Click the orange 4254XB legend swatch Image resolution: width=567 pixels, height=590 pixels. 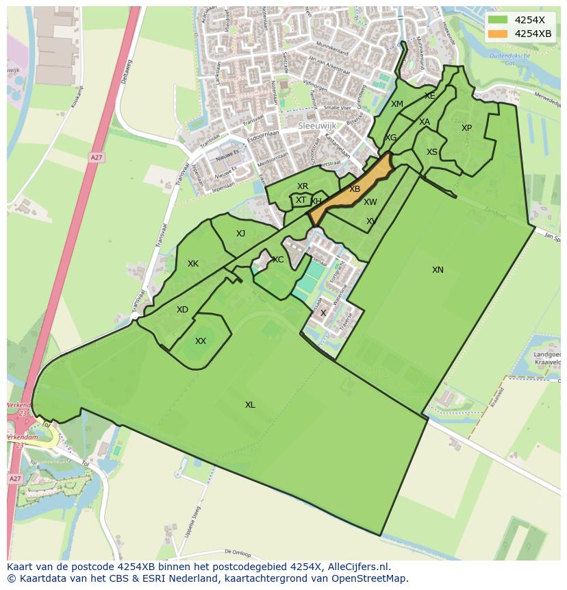coord(499,34)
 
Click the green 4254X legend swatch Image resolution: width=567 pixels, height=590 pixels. coord(499,20)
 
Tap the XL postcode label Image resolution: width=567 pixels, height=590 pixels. coord(250,405)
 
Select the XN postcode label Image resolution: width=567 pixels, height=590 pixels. coord(438,270)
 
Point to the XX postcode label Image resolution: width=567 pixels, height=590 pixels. coord(201,341)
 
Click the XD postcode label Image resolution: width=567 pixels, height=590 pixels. coord(182,310)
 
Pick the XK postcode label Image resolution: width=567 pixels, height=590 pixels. coord(193,264)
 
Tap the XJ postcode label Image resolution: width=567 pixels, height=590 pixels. coord(240,234)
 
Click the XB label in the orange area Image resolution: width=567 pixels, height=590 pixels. coord(355,189)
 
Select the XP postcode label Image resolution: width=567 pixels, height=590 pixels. coord(466,128)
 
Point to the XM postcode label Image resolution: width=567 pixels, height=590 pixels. coord(397,104)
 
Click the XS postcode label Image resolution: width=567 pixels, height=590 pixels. coord(432,152)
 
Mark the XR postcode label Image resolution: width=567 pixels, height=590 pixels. coord(303,186)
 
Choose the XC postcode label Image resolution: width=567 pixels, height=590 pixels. coord(278,260)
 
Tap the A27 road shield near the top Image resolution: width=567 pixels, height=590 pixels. coord(96,158)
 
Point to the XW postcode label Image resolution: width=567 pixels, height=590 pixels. coord(370,202)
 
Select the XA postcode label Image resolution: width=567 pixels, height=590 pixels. coord(425,122)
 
